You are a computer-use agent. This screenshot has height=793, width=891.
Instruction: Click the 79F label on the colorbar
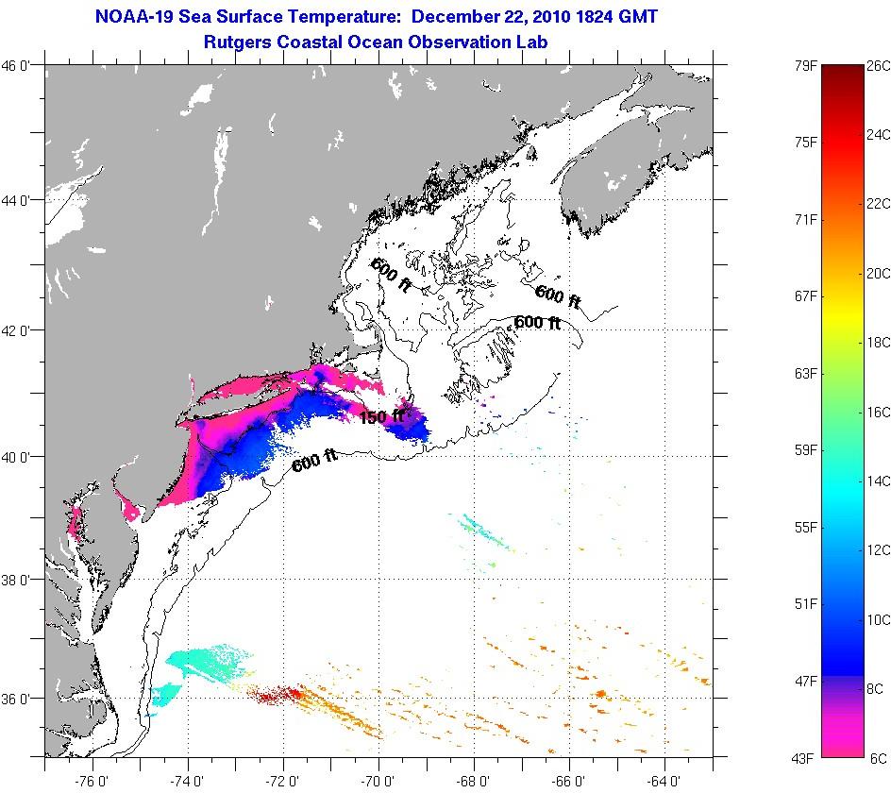(x=805, y=66)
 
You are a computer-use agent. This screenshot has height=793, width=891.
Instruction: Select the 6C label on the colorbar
(x=876, y=757)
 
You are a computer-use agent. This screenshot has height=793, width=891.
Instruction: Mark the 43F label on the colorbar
(x=805, y=757)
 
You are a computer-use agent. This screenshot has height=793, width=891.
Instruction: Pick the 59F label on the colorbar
(x=805, y=449)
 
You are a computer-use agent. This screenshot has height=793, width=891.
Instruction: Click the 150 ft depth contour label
(x=381, y=416)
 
